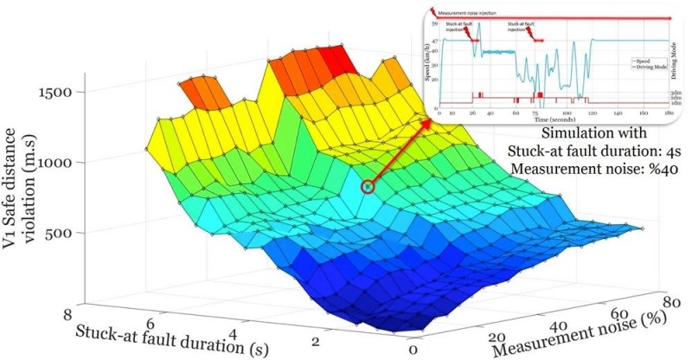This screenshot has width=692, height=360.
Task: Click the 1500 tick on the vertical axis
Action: point(67,92)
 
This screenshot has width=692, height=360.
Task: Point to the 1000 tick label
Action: point(67,162)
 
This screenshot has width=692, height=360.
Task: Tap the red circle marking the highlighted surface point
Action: point(369,186)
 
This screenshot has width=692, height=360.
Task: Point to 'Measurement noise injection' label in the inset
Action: point(476,12)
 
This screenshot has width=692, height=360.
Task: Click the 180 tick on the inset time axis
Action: point(667,112)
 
